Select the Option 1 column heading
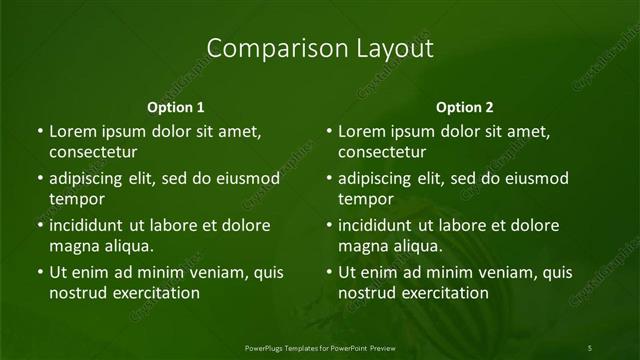click(176, 107)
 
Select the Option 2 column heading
click(465, 107)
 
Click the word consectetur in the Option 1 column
click(93, 152)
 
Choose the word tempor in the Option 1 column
click(77, 199)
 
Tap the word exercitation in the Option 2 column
click(442, 293)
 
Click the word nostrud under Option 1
click(78, 293)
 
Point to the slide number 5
click(590, 347)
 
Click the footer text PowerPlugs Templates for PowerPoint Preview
click(319, 347)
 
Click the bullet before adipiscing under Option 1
click(39, 179)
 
